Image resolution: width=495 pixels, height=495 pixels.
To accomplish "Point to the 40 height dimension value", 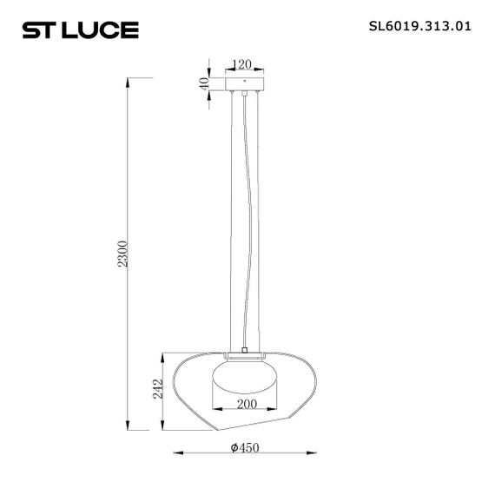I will pyautogui.click(x=205, y=84).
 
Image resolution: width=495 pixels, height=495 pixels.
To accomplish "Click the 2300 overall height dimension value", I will pyautogui.click(x=123, y=254).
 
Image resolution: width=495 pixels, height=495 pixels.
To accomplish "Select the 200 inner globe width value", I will pyautogui.click(x=244, y=404).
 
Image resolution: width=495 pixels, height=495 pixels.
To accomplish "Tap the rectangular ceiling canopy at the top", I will pyautogui.click(x=244, y=84).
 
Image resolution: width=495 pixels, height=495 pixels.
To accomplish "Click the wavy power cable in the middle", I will pyautogui.click(x=250, y=217).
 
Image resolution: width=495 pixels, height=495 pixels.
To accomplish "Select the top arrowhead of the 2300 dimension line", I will pyautogui.click(x=129, y=80).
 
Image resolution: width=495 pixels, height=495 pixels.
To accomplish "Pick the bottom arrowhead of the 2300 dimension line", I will pyautogui.click(x=129, y=429).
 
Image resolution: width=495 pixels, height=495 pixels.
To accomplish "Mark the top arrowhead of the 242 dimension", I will pyautogui.click(x=162, y=355).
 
